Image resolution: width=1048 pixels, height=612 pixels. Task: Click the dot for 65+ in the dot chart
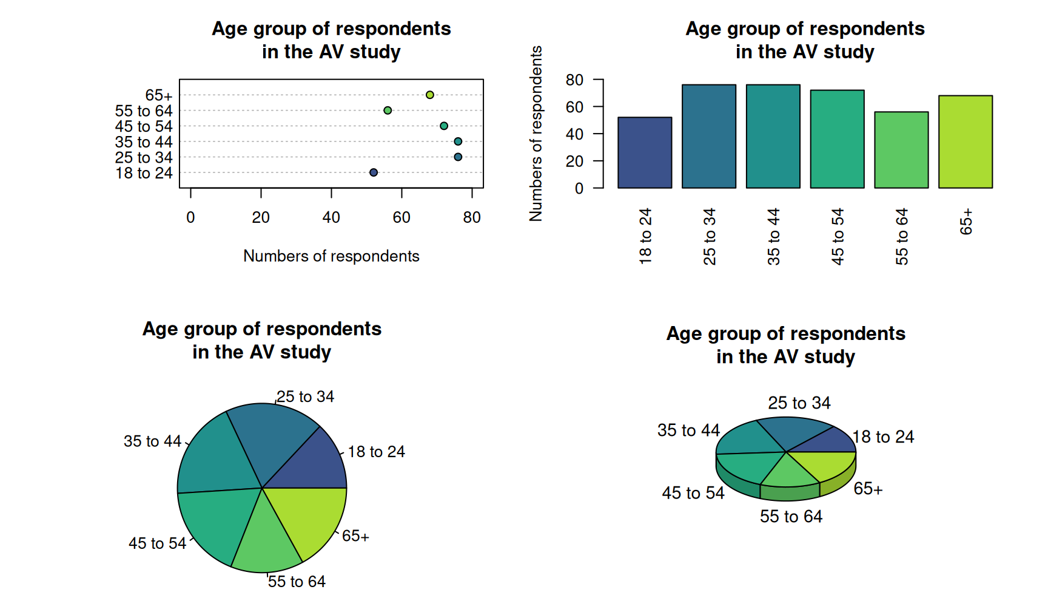429,95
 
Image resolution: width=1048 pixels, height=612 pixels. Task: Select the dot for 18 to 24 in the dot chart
374,172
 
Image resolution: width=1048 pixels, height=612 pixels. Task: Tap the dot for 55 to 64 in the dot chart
388,110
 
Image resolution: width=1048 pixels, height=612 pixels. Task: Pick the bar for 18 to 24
645,153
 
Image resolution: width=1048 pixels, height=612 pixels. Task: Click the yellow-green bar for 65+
965,142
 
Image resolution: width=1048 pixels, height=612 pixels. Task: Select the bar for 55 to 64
901,151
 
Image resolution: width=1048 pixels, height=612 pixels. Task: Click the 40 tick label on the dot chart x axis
331,217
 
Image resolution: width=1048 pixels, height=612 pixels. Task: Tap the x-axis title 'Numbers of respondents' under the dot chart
331,256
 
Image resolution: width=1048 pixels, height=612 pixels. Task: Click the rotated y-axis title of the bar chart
536,134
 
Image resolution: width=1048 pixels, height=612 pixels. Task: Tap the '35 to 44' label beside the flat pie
152,441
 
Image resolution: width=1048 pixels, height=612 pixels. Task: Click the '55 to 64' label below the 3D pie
791,517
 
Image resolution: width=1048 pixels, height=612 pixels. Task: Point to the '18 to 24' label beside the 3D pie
883,437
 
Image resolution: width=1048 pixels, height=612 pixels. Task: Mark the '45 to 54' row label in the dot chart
144,126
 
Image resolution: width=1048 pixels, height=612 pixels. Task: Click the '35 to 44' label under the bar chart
773,237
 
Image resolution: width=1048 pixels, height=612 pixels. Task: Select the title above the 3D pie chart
785,345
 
